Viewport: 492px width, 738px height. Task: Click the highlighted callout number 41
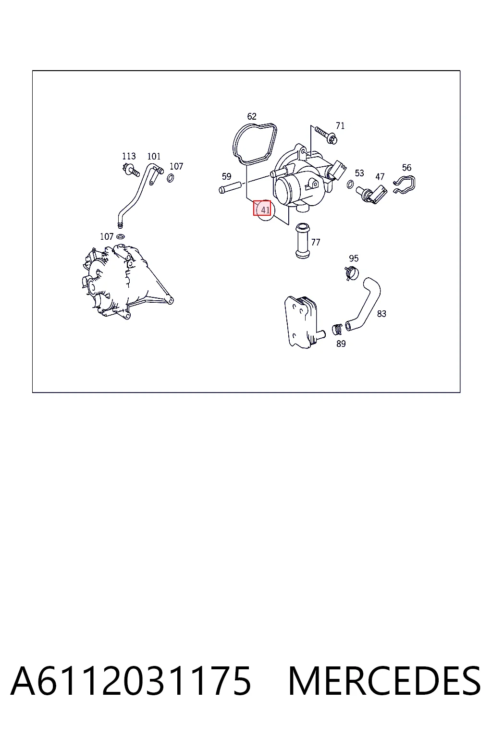pos(265,210)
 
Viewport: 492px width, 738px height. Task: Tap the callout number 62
pos(252,116)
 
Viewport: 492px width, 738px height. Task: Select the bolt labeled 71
pos(326,135)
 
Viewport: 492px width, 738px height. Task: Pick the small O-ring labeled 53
pos(350,184)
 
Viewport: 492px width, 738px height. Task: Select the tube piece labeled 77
pos(303,241)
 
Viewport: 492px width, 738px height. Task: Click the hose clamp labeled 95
pos(352,273)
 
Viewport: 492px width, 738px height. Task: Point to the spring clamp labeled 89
pos(337,329)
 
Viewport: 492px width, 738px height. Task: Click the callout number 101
pos(154,156)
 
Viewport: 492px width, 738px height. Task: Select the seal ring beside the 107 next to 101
pos(171,178)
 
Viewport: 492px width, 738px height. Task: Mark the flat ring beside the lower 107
pos(121,236)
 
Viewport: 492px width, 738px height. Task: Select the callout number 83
pos(381,314)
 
